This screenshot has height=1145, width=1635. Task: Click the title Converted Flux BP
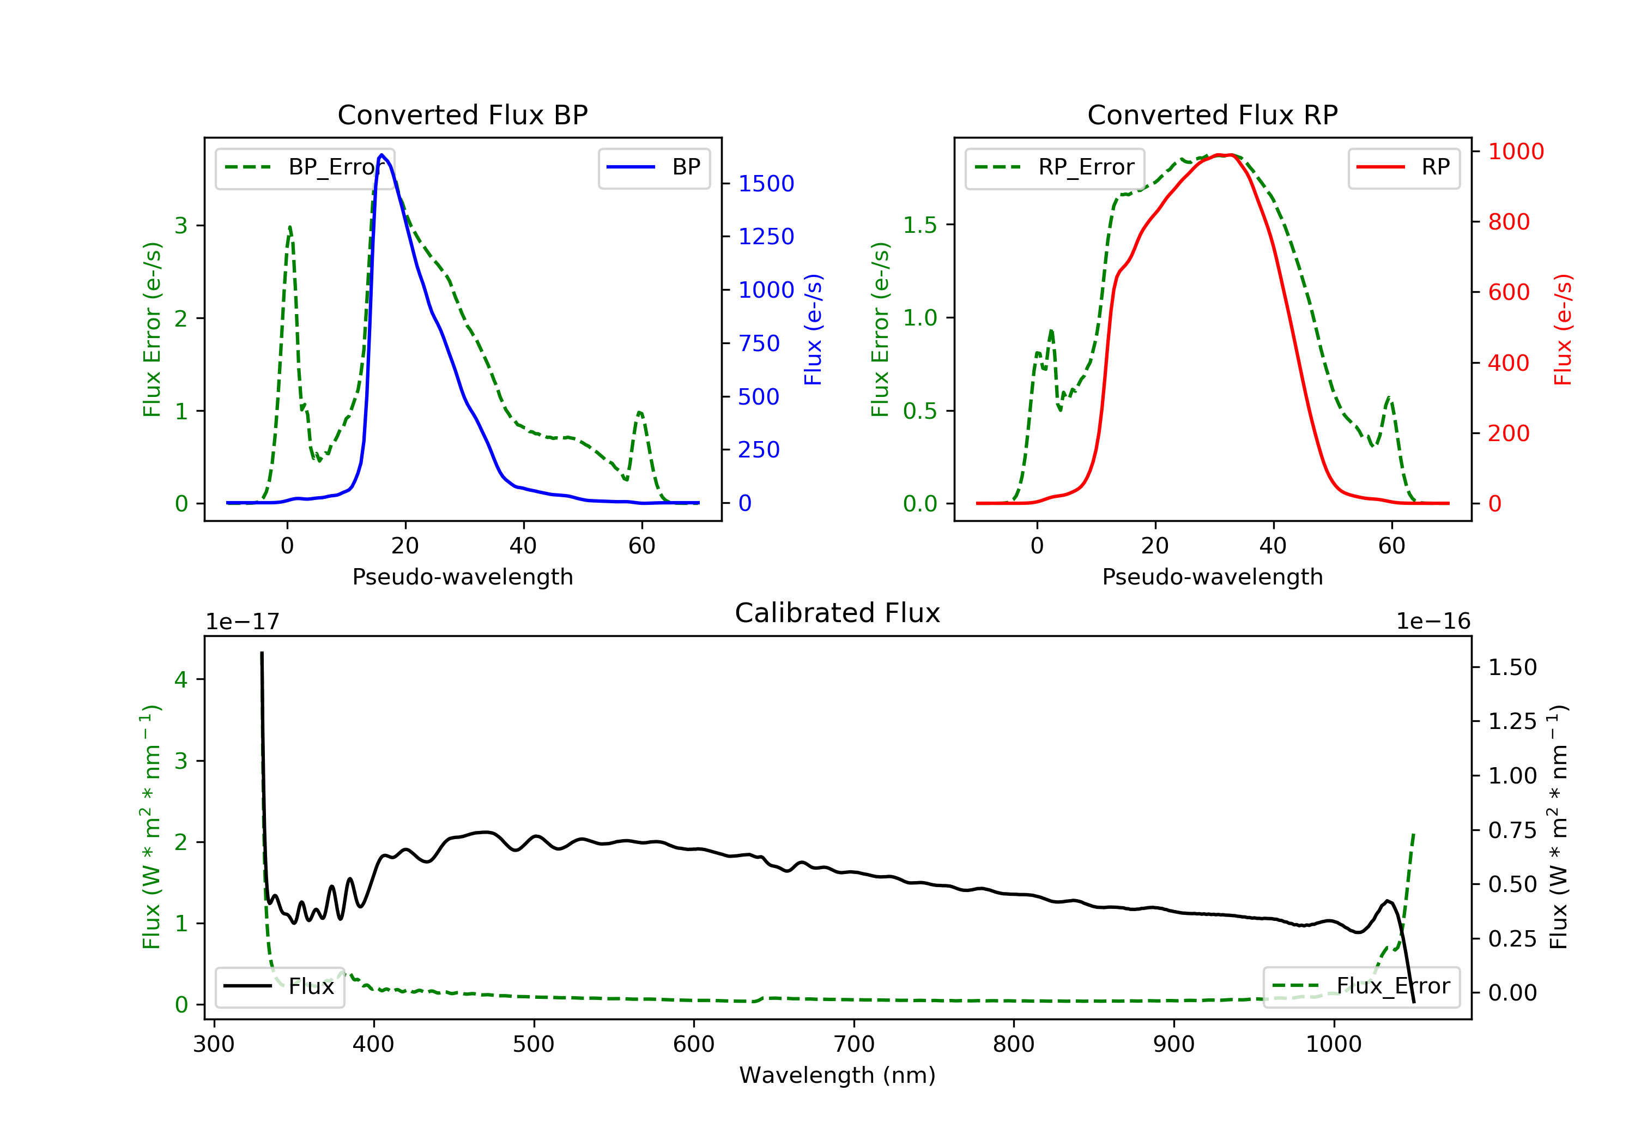pyautogui.click(x=462, y=114)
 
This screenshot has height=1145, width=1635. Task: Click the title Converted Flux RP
pyautogui.click(x=1212, y=114)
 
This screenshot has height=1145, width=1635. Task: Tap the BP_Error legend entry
pyautogui.click(x=305, y=167)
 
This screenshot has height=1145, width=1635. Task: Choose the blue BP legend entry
pyautogui.click(x=653, y=167)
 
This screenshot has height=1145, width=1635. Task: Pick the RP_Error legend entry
pyautogui.click(x=1055, y=167)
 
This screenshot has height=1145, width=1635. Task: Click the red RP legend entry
pyautogui.click(x=1403, y=167)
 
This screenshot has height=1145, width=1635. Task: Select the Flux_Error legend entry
pyautogui.click(x=1361, y=986)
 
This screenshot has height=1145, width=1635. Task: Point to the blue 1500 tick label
pyautogui.click(x=766, y=184)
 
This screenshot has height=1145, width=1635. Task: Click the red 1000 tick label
pyautogui.click(x=1516, y=151)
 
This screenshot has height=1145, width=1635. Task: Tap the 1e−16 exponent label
pyautogui.click(x=1433, y=622)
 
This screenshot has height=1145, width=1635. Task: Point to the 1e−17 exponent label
pyautogui.click(x=242, y=622)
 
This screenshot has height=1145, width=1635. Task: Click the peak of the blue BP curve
pyautogui.click(x=381, y=155)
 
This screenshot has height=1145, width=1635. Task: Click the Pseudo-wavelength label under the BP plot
pyautogui.click(x=462, y=576)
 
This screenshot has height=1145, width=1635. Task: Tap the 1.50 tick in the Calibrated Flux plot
pyautogui.click(x=1512, y=667)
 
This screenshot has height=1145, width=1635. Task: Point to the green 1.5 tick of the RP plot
pyautogui.click(x=919, y=225)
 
